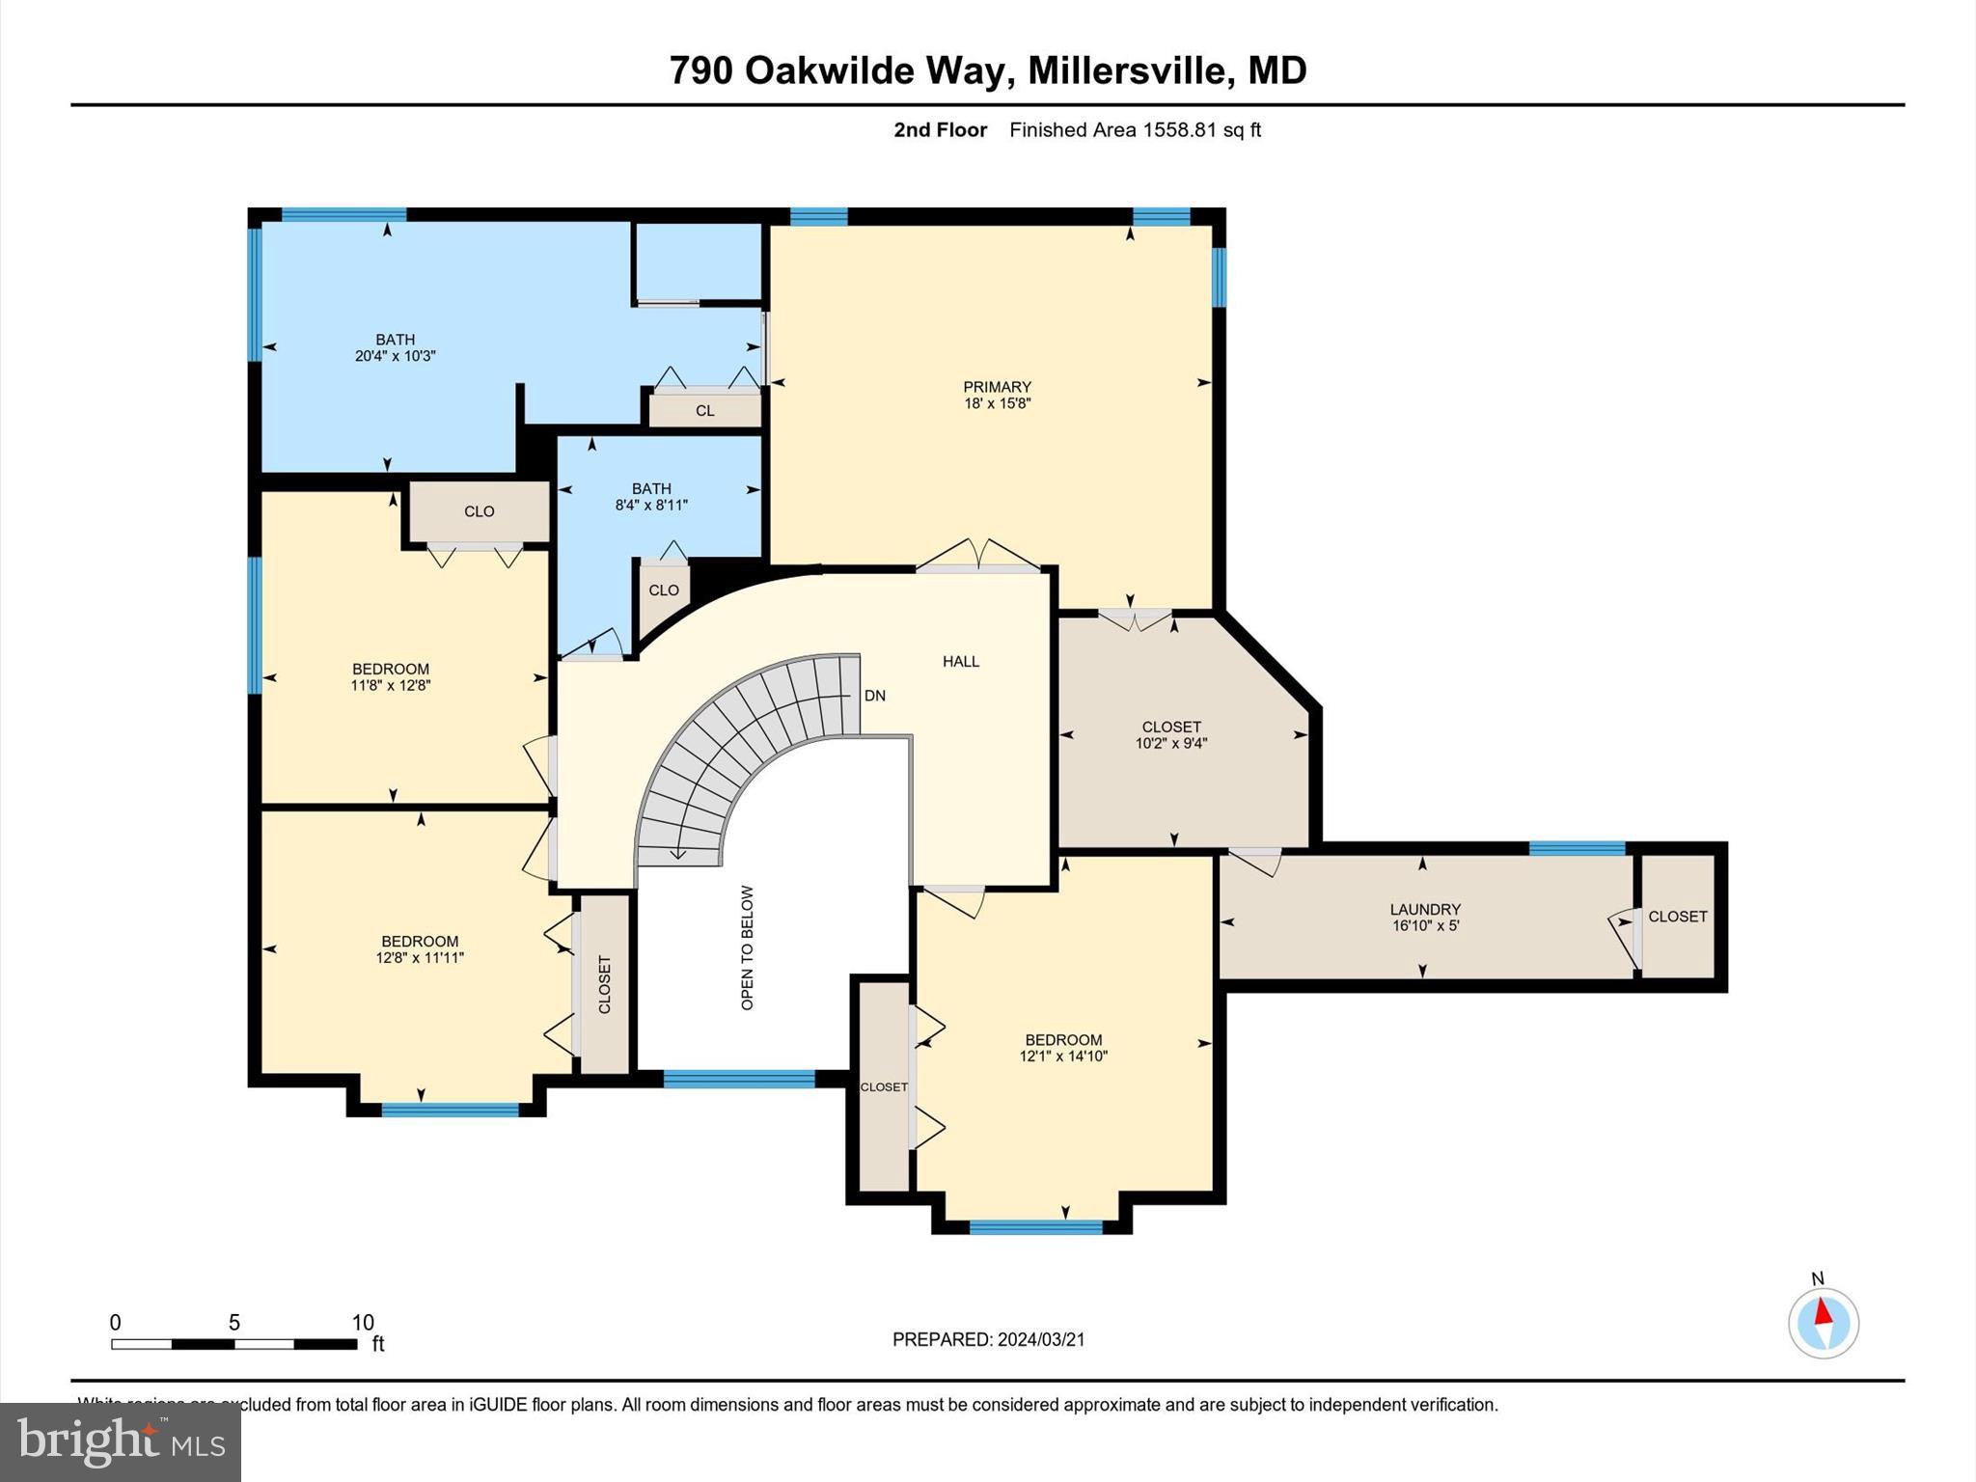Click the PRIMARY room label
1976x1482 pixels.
997,387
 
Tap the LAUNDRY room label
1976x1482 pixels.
1425,909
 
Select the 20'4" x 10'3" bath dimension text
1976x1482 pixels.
395,356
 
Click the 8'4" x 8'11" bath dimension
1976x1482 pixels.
651,505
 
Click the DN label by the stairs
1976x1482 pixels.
874,696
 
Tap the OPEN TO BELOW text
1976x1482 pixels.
747,947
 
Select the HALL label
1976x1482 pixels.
960,661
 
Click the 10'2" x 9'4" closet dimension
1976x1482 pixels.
1171,743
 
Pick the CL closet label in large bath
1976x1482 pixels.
705,411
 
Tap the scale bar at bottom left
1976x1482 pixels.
233,1343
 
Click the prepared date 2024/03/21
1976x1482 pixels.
1040,1339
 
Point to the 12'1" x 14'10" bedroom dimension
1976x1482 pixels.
1063,1057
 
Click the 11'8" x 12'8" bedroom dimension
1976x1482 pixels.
390,686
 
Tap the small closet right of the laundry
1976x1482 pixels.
1677,917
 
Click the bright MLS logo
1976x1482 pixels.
120,1441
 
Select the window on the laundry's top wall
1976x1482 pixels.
1577,849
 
